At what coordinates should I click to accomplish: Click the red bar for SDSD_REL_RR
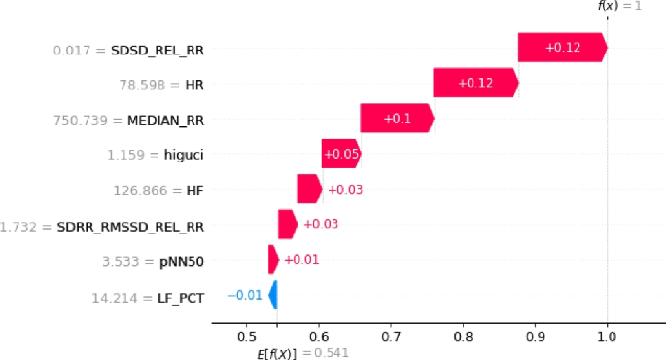point(562,48)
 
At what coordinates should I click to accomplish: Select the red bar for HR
point(475,83)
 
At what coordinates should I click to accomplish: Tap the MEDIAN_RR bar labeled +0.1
point(396,119)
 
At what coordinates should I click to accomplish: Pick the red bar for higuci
point(340,154)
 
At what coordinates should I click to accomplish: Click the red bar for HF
point(308,189)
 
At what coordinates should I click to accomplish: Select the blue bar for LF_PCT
point(273,295)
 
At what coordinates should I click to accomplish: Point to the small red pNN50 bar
point(273,260)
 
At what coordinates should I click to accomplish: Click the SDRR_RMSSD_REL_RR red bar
point(287,225)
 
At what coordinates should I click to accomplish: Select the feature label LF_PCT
point(181,296)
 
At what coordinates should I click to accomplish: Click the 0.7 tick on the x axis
point(390,336)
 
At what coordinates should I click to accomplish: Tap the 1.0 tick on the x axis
point(607,336)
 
